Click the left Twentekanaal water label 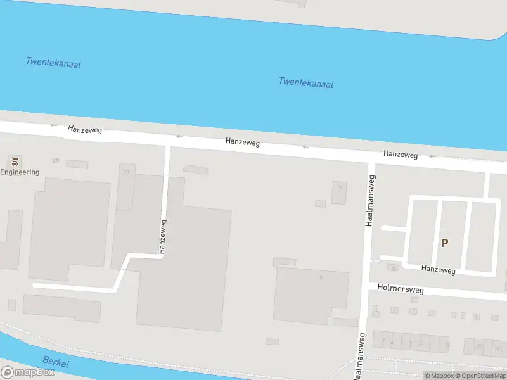53,63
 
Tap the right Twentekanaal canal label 305,83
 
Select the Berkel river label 55,363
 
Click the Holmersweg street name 400,288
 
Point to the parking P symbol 444,243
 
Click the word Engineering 20,172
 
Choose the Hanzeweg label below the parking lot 438,269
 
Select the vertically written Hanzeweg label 163,236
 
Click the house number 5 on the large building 321,277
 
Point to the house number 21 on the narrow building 126,172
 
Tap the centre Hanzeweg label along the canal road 242,144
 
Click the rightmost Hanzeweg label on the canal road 400,154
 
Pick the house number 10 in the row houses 420,342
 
